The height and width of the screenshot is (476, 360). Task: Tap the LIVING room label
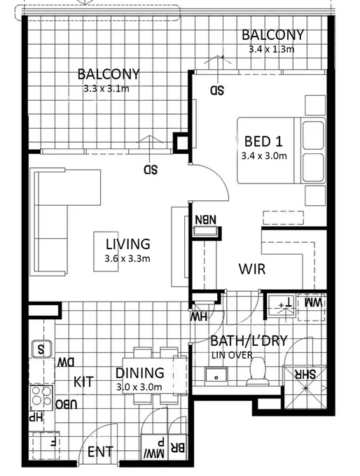click(127, 244)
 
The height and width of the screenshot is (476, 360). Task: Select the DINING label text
click(139, 373)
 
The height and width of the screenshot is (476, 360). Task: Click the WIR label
click(251, 269)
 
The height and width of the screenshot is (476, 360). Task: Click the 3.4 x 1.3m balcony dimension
click(272, 50)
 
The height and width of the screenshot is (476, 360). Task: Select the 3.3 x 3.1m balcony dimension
click(107, 88)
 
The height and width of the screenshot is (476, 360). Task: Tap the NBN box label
click(206, 220)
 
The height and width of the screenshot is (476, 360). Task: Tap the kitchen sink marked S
click(41, 348)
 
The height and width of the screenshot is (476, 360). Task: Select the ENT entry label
click(100, 451)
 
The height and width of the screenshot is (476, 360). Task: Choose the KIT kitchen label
click(84, 381)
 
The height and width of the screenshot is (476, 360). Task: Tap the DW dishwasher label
click(65, 362)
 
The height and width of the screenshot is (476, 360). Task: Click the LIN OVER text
click(230, 356)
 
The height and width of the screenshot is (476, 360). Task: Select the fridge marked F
click(53, 442)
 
